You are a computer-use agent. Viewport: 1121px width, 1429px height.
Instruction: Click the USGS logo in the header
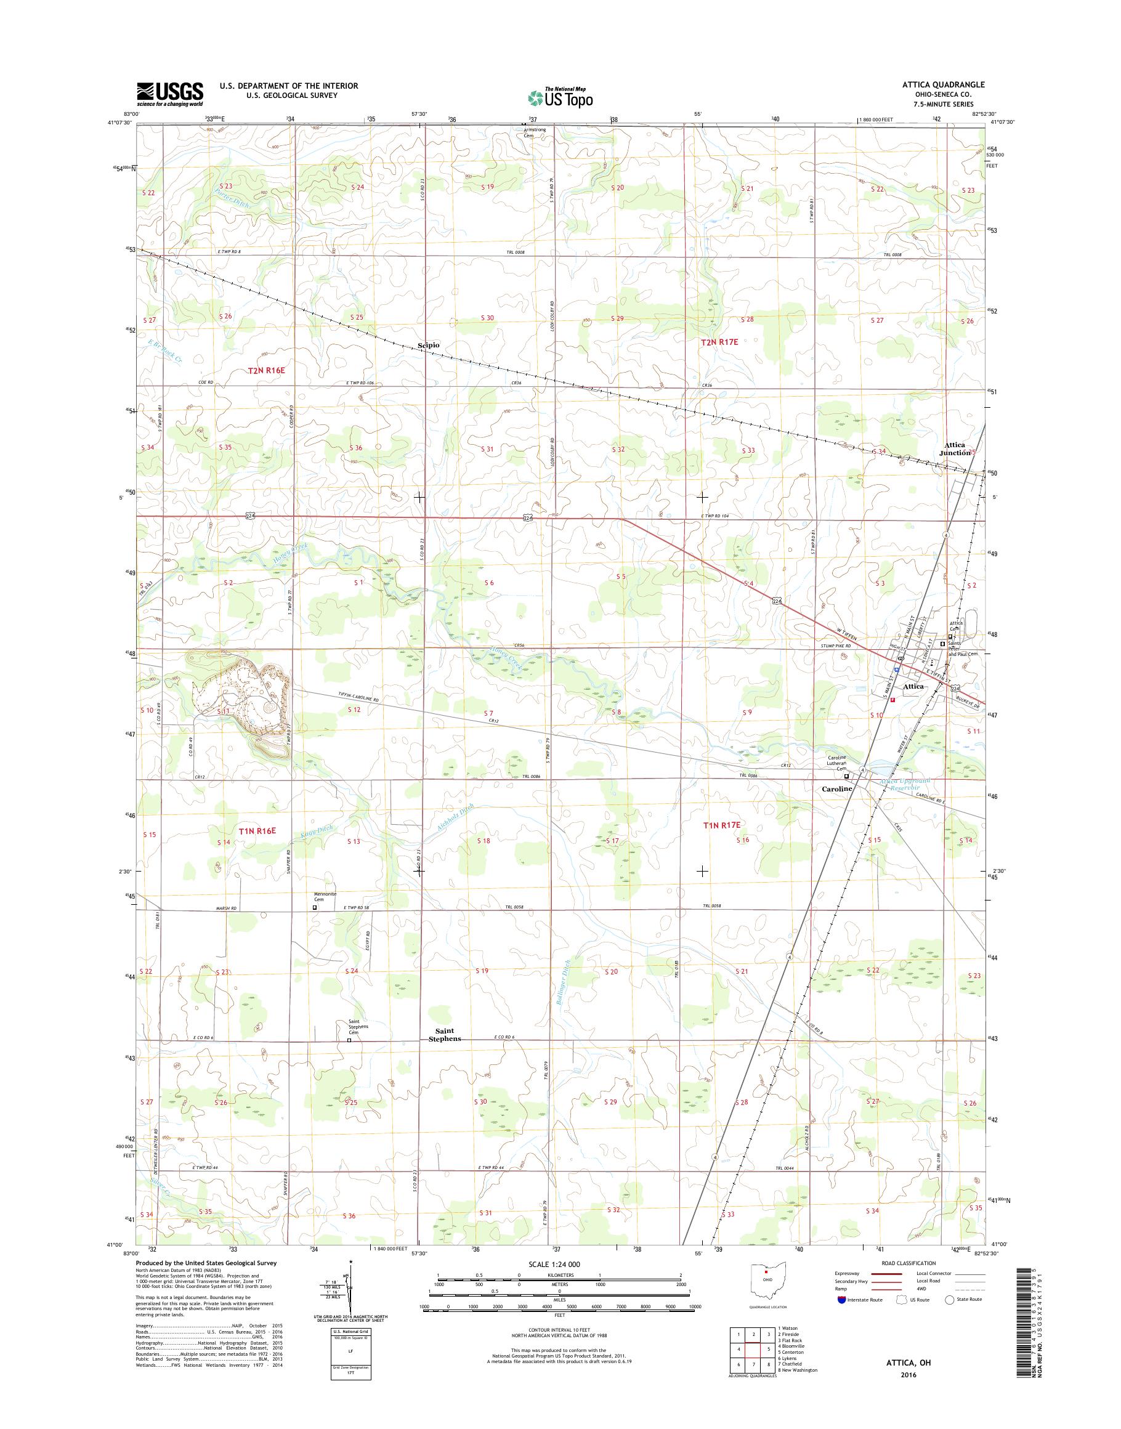coord(169,93)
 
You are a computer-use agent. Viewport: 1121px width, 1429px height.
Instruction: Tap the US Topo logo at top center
coord(560,97)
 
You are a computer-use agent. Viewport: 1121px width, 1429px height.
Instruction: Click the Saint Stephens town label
coord(444,1035)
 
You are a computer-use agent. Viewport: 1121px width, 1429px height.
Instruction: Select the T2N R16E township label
coord(267,371)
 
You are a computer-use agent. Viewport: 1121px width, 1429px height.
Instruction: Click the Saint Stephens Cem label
coord(358,1027)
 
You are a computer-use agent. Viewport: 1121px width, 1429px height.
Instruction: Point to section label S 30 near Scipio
coord(487,318)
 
